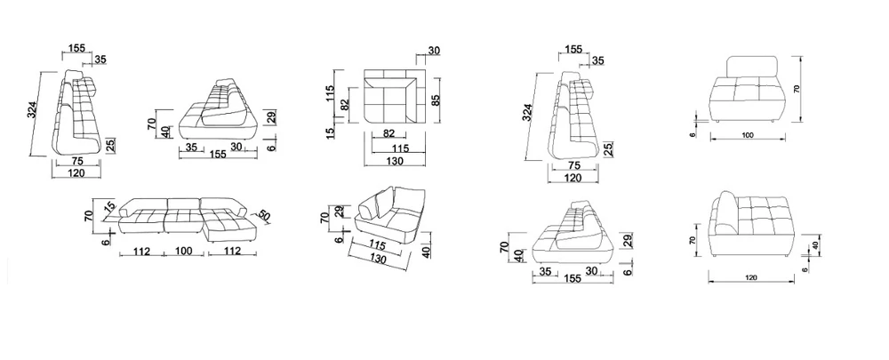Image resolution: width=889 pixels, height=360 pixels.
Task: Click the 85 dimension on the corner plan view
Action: pos(436,100)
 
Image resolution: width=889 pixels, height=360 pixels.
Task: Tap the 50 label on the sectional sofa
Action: pos(264,215)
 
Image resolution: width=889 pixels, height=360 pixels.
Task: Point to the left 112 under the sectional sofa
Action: pos(141,251)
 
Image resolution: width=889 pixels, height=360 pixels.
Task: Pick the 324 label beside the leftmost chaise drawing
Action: pos(32,109)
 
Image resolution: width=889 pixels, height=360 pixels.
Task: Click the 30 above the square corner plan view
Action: pos(434,51)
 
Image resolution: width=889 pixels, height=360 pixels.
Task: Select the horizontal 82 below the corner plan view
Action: pos(389,134)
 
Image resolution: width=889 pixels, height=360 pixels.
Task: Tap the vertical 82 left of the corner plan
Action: pos(343,104)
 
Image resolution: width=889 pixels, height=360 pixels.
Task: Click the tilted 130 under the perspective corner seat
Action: pos(376,259)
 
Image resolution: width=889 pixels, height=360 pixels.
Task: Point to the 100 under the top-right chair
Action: pos(748,135)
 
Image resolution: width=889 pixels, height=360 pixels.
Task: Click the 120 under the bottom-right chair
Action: pos(752,278)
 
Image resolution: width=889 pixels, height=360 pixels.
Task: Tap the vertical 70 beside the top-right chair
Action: pos(797,88)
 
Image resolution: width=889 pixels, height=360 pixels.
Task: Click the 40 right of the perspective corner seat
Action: pos(427,251)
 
